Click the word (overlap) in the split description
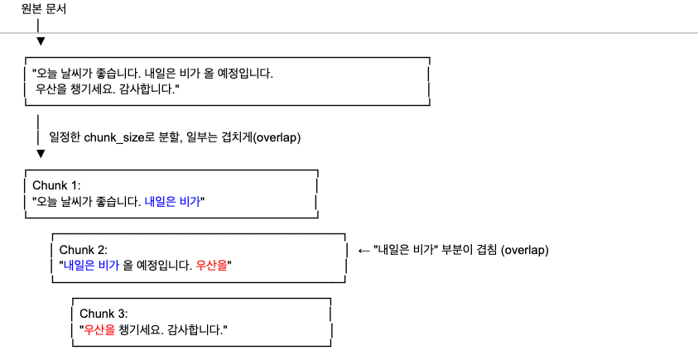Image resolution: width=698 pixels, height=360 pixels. tap(277, 137)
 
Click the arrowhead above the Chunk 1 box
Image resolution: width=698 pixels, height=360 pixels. tap(40, 153)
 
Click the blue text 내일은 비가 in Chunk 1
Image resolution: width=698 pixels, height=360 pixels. tap(171, 201)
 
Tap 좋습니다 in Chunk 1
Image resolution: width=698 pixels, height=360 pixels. tap(113, 201)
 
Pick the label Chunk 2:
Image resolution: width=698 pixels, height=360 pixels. tap(84, 250)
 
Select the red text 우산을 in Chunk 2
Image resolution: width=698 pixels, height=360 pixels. tap(213, 266)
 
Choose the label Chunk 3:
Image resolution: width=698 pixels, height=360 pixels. tap(103, 314)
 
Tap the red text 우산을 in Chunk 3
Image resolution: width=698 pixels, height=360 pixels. tap(99, 329)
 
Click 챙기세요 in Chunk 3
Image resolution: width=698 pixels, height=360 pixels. tap(142, 329)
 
